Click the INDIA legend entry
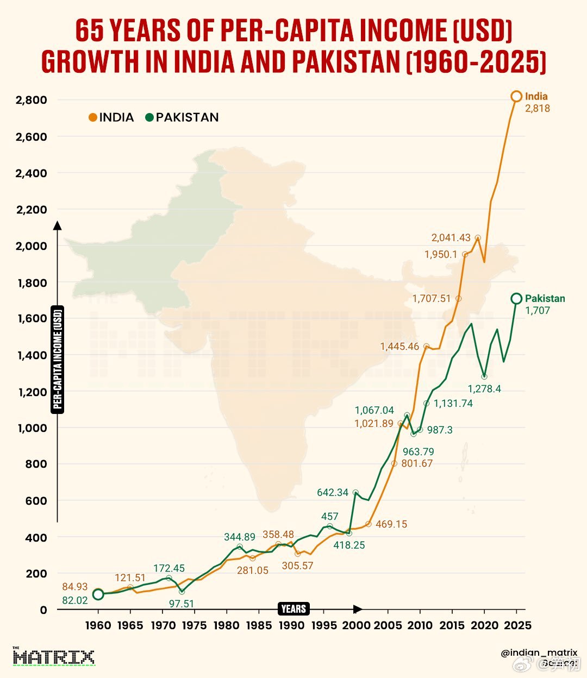pyautogui.click(x=111, y=117)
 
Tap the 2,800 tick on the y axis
pyautogui.click(x=32, y=100)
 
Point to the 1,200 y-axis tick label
pyautogui.click(x=32, y=392)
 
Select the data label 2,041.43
pyautogui.click(x=451, y=237)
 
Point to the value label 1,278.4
pyautogui.click(x=484, y=389)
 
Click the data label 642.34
pyautogui.click(x=333, y=493)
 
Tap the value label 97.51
pyautogui.click(x=181, y=604)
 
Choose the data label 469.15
pyautogui.click(x=391, y=524)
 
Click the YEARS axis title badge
pyautogui.click(x=294, y=609)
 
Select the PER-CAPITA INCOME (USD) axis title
pyautogui.click(x=58, y=359)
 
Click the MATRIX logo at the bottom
pyautogui.click(x=53, y=657)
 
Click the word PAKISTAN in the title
pyautogui.click(x=347, y=61)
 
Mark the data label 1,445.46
pyautogui.click(x=399, y=347)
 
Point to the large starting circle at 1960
pyautogui.click(x=98, y=594)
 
